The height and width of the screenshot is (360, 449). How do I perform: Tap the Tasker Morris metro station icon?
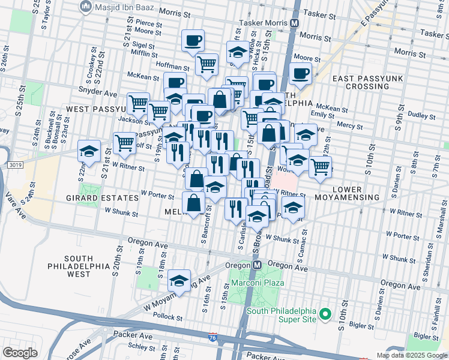295,23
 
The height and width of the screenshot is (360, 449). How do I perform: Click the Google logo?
20,352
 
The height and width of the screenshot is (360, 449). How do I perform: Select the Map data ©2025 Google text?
411,355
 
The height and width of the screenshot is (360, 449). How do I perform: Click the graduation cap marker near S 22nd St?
89,151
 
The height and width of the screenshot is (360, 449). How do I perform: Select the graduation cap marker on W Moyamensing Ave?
179,281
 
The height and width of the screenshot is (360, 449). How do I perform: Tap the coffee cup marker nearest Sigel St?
193,41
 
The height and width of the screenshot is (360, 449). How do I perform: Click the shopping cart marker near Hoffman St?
207,64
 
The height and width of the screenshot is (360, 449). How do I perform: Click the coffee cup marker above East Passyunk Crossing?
300,74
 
